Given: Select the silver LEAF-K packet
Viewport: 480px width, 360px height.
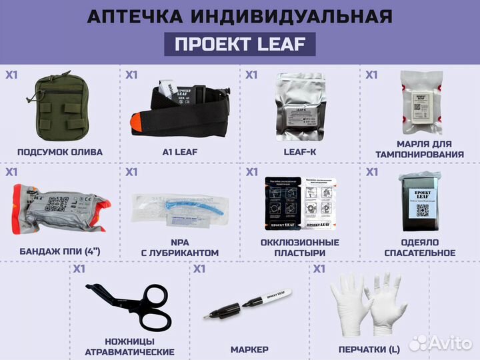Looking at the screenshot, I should [x=300, y=107].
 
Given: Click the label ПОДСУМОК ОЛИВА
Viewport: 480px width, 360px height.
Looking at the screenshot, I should [x=60, y=152].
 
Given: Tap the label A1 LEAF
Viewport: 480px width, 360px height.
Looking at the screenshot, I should [x=180, y=152].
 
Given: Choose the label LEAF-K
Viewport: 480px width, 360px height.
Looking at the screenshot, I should [x=300, y=152].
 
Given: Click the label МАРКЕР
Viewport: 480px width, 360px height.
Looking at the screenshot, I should [x=249, y=349].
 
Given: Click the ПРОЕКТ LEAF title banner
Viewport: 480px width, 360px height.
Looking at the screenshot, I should [x=240, y=44].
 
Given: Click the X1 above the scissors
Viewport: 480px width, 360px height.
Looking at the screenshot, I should [x=79, y=269].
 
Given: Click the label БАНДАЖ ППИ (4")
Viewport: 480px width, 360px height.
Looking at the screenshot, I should [x=60, y=253].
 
